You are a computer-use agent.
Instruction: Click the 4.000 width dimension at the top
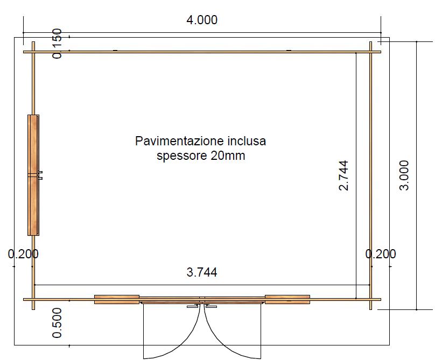coord(202,20)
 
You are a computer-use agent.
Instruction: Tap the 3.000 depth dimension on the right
coord(404,175)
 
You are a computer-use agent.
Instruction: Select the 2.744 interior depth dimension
coord(343,175)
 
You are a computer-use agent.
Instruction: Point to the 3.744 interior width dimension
coord(202,272)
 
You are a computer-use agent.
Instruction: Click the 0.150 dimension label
coord(57,44)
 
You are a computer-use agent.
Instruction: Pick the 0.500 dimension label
coord(57,323)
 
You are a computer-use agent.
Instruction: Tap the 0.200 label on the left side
coord(23,254)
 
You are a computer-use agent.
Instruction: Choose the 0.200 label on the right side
coord(381,254)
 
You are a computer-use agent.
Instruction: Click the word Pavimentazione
coord(179,141)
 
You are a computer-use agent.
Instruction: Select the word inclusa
coord(247,141)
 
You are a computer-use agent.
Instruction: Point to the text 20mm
coord(228,156)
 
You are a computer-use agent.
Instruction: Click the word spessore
coord(182,156)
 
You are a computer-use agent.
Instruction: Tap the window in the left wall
coord(33,175)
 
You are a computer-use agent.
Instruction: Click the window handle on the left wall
coord(40,175)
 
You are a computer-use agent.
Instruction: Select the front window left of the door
coord(117,300)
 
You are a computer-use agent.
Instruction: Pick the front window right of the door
coord(287,300)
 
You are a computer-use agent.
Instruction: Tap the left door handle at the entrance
coord(193,306)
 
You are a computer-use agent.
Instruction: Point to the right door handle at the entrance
coord(211,306)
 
